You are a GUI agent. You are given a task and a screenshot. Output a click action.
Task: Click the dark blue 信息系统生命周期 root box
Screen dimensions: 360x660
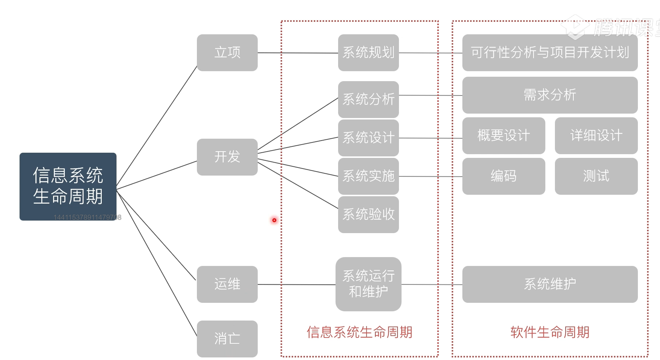coord(68,186)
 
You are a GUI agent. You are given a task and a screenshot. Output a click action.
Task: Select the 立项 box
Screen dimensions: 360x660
coord(227,53)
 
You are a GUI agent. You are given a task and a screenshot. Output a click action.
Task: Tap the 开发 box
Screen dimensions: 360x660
coord(227,157)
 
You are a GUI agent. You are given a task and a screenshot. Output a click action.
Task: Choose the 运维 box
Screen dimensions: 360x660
coord(227,284)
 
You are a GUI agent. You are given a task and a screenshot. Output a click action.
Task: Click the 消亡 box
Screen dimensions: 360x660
coord(227,339)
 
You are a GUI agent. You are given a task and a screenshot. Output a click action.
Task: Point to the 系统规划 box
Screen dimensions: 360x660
coord(368,53)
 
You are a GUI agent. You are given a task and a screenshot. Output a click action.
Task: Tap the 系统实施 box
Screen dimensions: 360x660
coord(368,176)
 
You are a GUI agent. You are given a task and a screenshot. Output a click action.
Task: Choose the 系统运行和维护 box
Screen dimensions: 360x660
coord(368,284)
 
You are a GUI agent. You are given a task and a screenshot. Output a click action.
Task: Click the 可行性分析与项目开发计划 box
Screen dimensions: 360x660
coord(550,53)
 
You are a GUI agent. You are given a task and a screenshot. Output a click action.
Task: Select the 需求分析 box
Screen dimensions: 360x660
coord(550,95)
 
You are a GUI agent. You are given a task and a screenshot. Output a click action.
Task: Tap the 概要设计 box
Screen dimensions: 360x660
coord(504,136)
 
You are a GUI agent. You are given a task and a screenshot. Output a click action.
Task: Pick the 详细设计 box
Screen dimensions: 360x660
coord(596,136)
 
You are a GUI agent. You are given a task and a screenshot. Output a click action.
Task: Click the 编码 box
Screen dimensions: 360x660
coord(504,176)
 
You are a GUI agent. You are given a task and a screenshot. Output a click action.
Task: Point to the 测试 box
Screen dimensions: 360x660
coord(596,176)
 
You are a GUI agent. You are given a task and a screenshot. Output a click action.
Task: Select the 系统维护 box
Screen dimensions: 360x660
coord(550,284)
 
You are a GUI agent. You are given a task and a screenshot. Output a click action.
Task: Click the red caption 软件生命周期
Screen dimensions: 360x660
coord(550,332)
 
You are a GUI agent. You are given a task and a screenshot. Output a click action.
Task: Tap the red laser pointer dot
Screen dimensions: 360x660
coord(274,220)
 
